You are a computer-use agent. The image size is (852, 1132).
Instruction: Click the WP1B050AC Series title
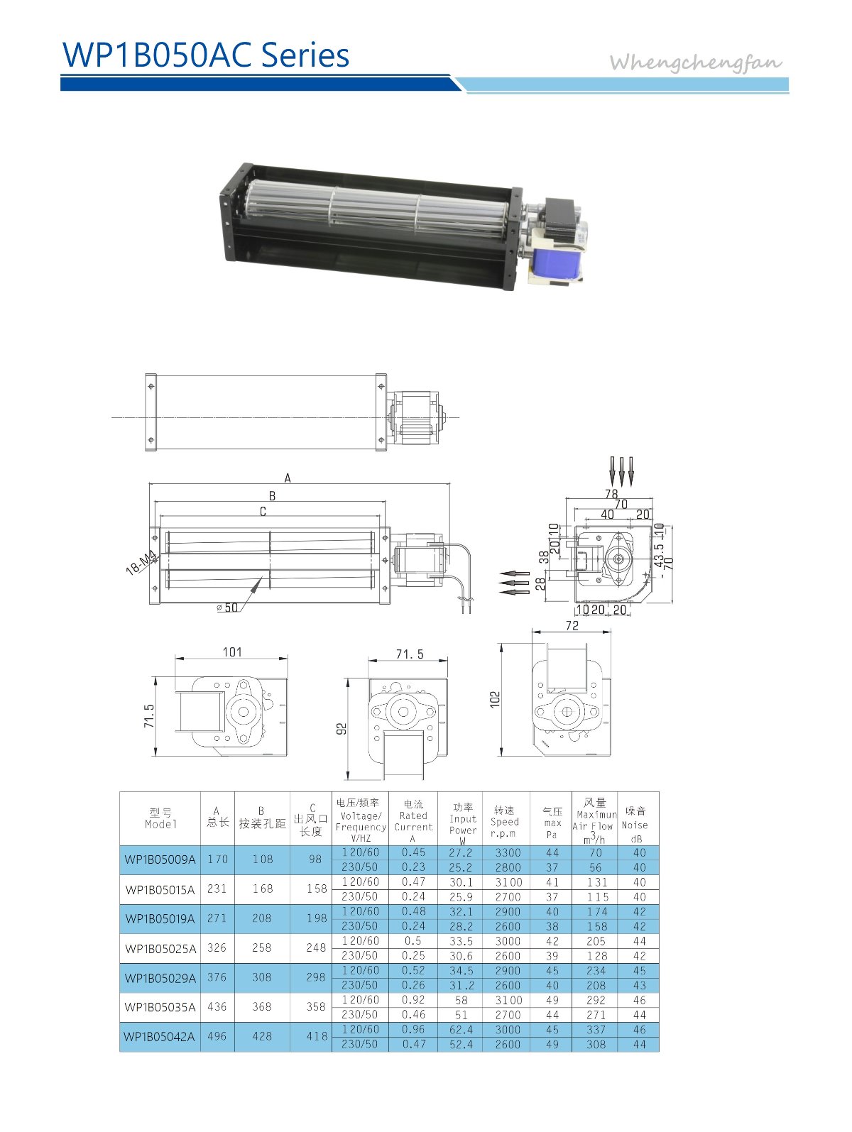(206, 55)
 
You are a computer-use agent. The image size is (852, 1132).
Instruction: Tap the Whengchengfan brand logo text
(696, 62)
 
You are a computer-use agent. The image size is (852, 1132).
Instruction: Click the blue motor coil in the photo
(553, 259)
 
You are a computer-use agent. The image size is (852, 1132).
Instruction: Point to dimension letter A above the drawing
(288, 478)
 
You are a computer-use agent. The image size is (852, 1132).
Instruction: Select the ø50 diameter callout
(227, 608)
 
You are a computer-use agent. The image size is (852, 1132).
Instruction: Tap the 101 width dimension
(232, 652)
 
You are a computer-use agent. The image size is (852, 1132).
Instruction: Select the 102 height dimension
(495, 699)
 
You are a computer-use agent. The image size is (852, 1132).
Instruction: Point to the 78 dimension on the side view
(611, 493)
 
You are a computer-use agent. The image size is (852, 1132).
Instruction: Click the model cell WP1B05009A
(160, 859)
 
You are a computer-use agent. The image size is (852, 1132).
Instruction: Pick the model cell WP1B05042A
(159, 1037)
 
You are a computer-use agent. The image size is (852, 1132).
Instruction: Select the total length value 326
(217, 947)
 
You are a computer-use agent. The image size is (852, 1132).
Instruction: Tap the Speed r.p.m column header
(505, 821)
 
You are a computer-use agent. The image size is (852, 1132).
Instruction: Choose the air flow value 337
(596, 1029)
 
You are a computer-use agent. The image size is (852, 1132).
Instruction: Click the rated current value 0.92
(413, 1000)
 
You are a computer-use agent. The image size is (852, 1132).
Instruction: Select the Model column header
(160, 818)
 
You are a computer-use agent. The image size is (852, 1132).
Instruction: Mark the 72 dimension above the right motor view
(572, 625)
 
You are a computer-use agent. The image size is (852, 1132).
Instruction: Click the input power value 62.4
(461, 1029)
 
